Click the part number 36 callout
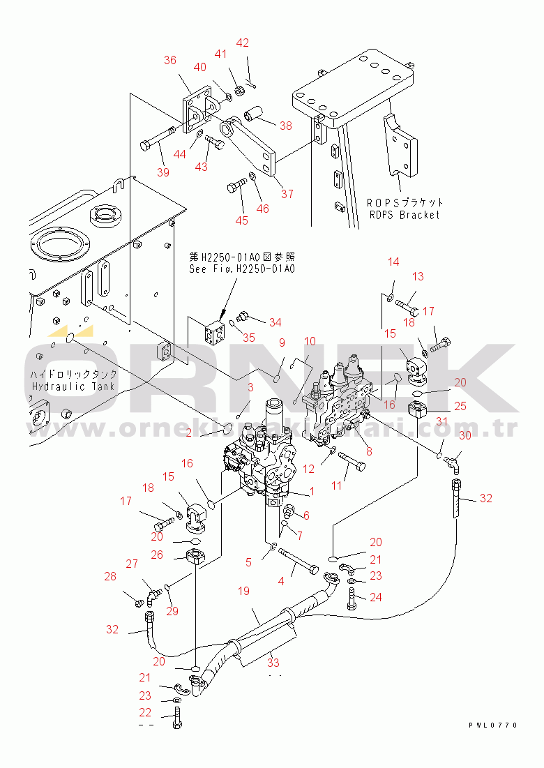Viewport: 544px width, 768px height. tap(170, 60)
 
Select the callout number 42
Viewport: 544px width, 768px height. tap(242, 43)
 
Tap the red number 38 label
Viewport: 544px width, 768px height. tap(286, 126)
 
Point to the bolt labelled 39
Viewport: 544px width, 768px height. tap(157, 142)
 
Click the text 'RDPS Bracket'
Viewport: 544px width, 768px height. tap(405, 215)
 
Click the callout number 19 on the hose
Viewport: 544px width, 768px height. tap(243, 592)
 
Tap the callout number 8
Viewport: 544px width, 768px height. tap(368, 451)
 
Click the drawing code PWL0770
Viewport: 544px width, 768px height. tap(493, 725)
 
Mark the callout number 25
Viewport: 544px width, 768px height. tap(441, 406)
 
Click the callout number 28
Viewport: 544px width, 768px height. tap(110, 576)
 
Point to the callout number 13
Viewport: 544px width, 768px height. tap(417, 277)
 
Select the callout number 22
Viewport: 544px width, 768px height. tap(145, 712)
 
